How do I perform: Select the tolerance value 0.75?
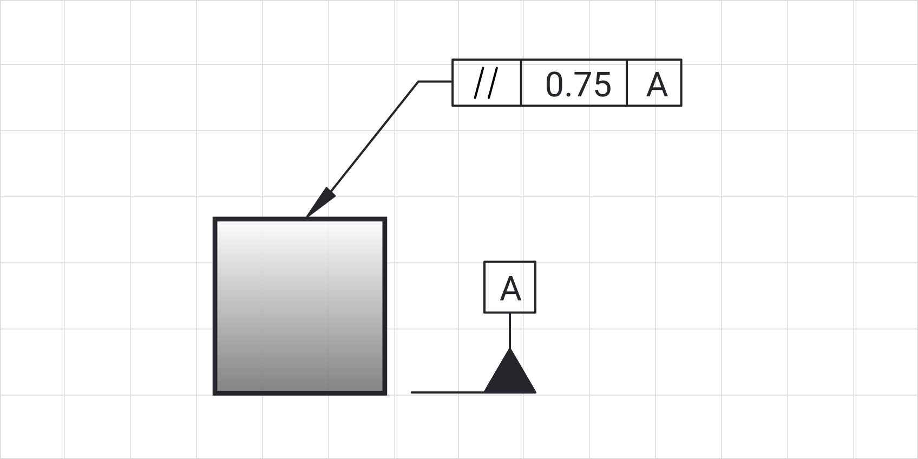coord(578,85)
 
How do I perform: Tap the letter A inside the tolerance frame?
coord(657,85)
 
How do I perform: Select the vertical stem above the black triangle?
coord(510,330)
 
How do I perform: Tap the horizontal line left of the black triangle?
coord(447,392)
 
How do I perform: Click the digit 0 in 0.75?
coord(555,85)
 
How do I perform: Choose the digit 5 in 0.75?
coord(601,85)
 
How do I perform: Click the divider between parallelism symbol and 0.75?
coord(521,83)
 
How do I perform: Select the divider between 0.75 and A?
coord(627,83)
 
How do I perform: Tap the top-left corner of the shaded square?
coord(216,219)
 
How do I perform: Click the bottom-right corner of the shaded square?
coord(385,393)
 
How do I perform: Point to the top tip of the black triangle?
coord(510,350)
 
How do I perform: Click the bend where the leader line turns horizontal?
coord(418,82)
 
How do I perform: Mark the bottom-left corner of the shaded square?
coord(216,393)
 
